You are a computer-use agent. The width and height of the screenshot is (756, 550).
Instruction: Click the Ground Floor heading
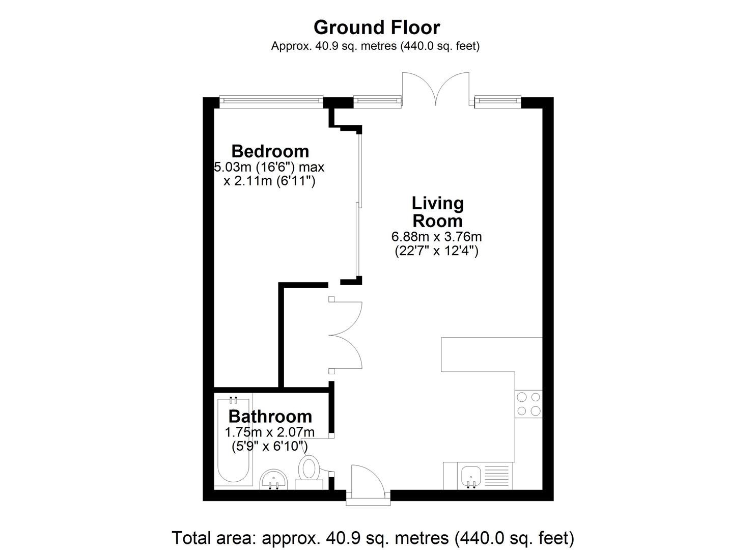377,28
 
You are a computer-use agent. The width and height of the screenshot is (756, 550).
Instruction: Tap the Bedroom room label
270,151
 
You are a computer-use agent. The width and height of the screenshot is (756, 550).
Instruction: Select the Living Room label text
437,212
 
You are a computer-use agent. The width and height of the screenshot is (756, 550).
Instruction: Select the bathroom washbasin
273,479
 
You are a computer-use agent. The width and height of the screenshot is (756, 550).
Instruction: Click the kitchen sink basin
471,477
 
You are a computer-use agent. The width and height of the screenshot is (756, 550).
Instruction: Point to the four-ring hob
528,404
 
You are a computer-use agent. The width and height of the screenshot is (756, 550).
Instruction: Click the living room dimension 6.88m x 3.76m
436,237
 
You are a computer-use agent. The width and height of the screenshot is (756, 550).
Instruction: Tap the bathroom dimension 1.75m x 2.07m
270,432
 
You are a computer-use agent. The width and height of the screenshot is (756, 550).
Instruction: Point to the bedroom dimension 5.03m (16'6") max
269,167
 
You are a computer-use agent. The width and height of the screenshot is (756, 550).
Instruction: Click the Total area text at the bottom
373,538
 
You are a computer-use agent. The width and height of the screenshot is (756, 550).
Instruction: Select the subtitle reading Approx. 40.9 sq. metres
375,46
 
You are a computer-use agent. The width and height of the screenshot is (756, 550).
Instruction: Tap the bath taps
233,400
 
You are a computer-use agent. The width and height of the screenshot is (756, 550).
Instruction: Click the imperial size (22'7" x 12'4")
436,251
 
